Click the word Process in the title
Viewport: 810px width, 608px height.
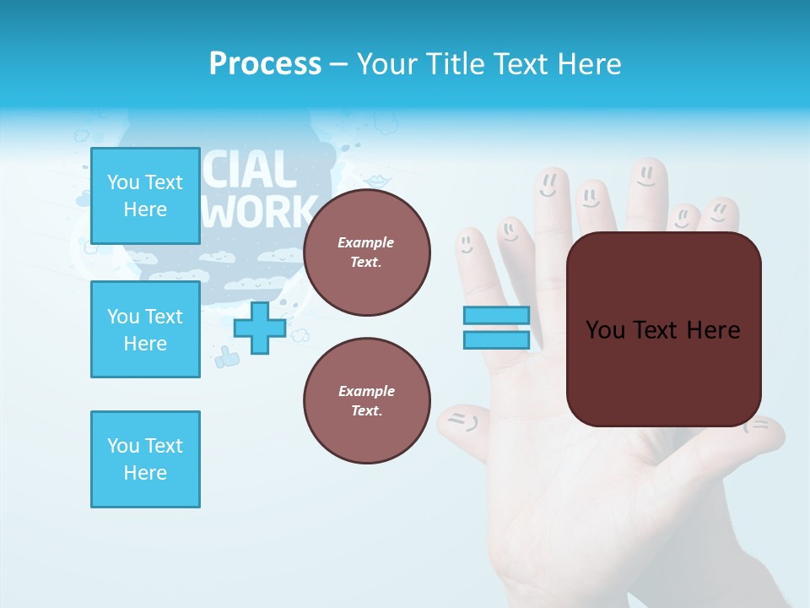[265, 64]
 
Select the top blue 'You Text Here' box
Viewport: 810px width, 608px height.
[145, 196]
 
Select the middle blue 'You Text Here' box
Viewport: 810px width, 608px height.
[145, 329]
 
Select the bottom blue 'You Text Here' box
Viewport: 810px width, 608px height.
[145, 459]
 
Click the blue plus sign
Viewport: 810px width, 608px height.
[260, 328]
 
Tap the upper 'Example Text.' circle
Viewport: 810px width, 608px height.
[366, 252]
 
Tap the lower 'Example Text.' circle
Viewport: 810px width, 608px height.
[366, 400]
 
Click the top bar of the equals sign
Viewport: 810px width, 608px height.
[496, 315]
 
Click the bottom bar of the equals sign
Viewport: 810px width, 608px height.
[496, 339]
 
